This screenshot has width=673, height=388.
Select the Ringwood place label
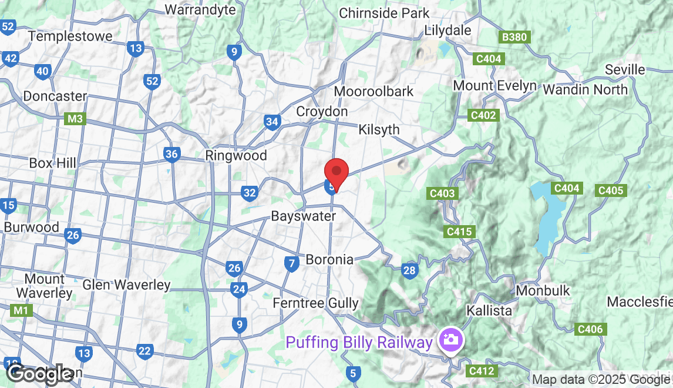point(236,156)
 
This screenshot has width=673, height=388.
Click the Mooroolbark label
point(373,92)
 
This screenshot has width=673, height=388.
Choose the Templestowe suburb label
point(70,36)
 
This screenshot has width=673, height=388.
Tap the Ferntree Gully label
point(316,303)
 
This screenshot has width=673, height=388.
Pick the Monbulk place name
point(543,290)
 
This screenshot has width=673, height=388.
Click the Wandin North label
point(585,89)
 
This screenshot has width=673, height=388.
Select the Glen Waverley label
point(126,285)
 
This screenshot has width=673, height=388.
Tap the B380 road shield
point(515,37)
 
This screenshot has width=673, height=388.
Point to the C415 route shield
point(459,232)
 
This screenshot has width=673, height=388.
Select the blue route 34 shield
point(271,122)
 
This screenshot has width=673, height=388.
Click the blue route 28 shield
point(409,270)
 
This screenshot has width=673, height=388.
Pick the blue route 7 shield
point(291,264)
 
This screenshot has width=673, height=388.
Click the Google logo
point(39,374)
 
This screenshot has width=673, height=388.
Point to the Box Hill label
point(52,163)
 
